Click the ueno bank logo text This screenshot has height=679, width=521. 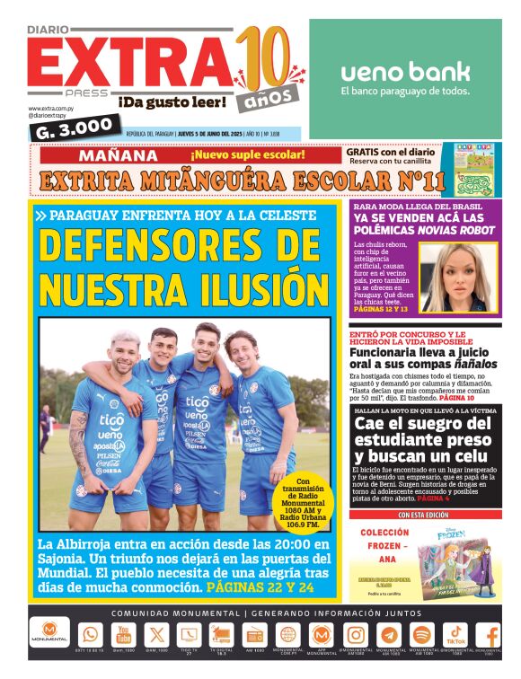[x=405, y=72]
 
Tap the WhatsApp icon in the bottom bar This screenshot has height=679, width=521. [x=90, y=634]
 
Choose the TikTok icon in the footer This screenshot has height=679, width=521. [x=456, y=632]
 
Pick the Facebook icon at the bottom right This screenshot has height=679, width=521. [x=490, y=634]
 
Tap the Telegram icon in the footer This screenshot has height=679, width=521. [x=389, y=634]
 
